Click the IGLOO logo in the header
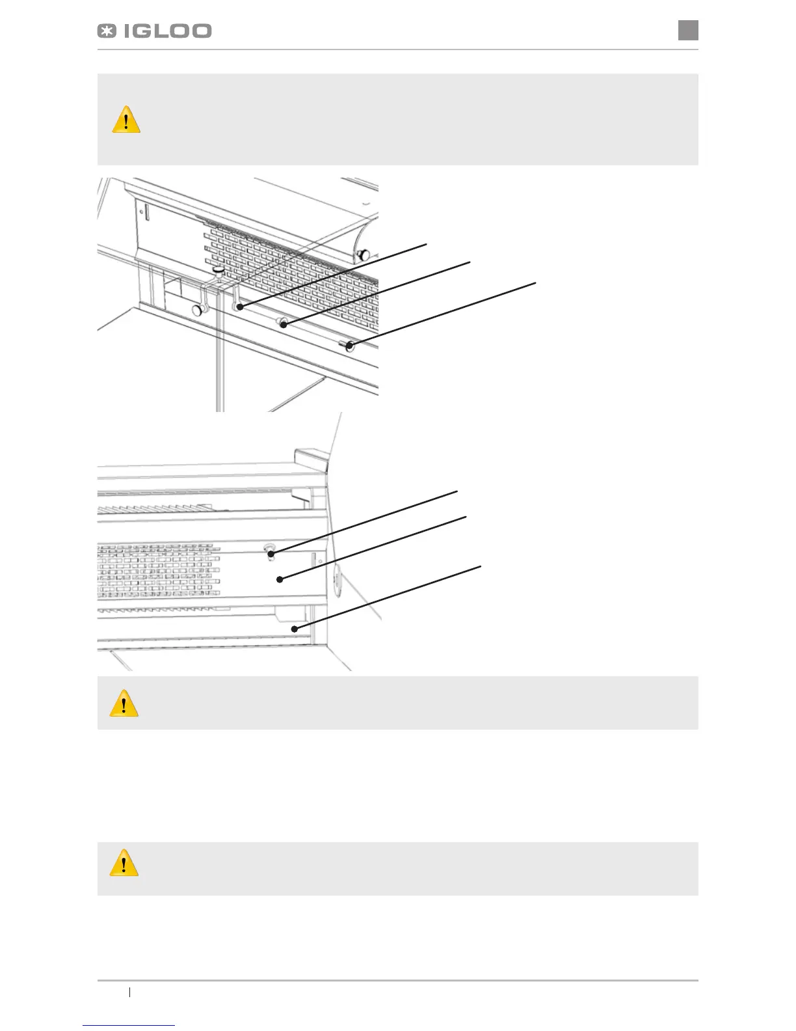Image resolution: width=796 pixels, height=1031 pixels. pos(155,31)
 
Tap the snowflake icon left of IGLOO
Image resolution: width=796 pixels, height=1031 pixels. pos(107,31)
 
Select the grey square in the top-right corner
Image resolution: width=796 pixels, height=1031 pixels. pos(688,30)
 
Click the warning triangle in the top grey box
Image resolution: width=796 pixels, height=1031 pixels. pos(126,120)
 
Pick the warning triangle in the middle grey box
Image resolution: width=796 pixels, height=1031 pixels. pos(124,704)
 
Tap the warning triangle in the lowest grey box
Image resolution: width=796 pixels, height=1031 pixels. pos(124,863)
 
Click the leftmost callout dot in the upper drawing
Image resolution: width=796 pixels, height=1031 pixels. pos(241,305)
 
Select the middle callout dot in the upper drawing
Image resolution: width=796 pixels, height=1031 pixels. pos(284,323)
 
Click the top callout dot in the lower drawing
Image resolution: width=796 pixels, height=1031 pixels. pos(271,554)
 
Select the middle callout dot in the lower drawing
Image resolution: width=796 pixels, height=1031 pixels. pos(280,579)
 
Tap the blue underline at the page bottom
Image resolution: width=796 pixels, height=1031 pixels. pos(129,1025)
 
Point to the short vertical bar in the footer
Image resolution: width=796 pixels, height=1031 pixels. pos(130,993)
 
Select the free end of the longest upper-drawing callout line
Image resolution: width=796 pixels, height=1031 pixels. pos(536,282)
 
